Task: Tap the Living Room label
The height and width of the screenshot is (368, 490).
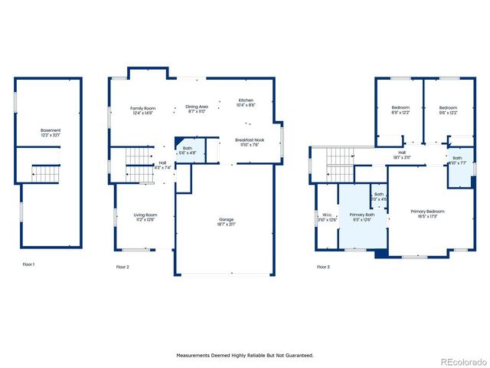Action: pos(145,217)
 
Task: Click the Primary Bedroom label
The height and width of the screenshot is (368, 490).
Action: pos(427,213)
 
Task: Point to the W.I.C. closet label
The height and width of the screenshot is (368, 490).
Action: pos(327,217)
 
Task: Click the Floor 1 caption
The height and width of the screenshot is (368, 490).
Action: pos(30,264)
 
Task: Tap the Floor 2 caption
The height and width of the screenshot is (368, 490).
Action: pos(122,267)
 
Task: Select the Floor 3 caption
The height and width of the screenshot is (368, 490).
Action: pos(323,267)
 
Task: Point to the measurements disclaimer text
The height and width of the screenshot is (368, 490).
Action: pos(245,355)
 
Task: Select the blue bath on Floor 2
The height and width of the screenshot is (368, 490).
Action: pos(188,151)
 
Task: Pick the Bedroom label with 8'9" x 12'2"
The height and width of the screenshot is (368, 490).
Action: pos(400,110)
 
